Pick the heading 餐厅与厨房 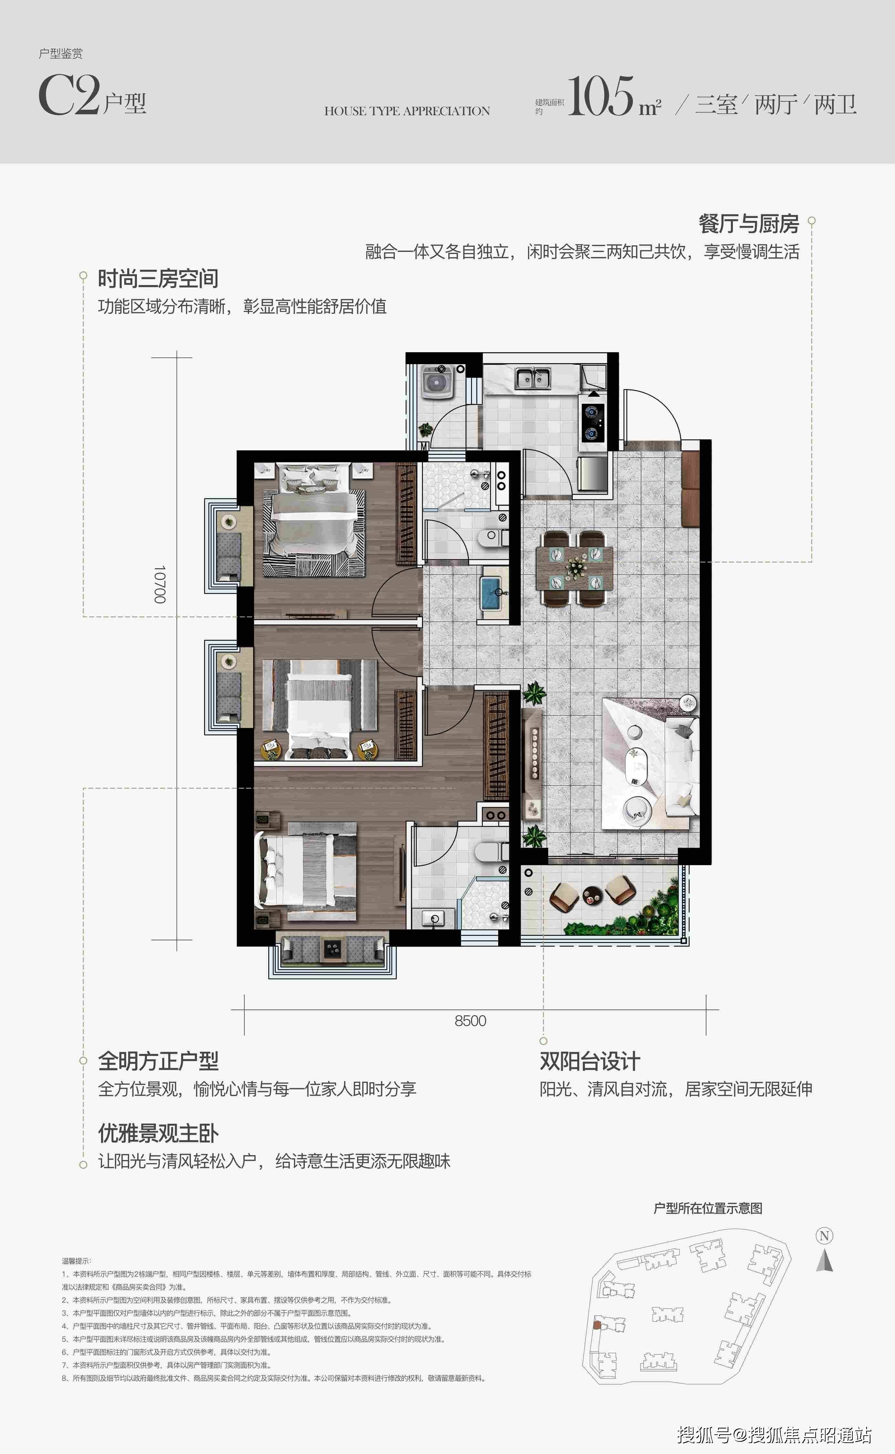(x=748, y=224)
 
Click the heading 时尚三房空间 (x=158, y=278)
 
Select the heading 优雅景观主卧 (x=158, y=1133)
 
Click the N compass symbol (x=825, y=1236)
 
